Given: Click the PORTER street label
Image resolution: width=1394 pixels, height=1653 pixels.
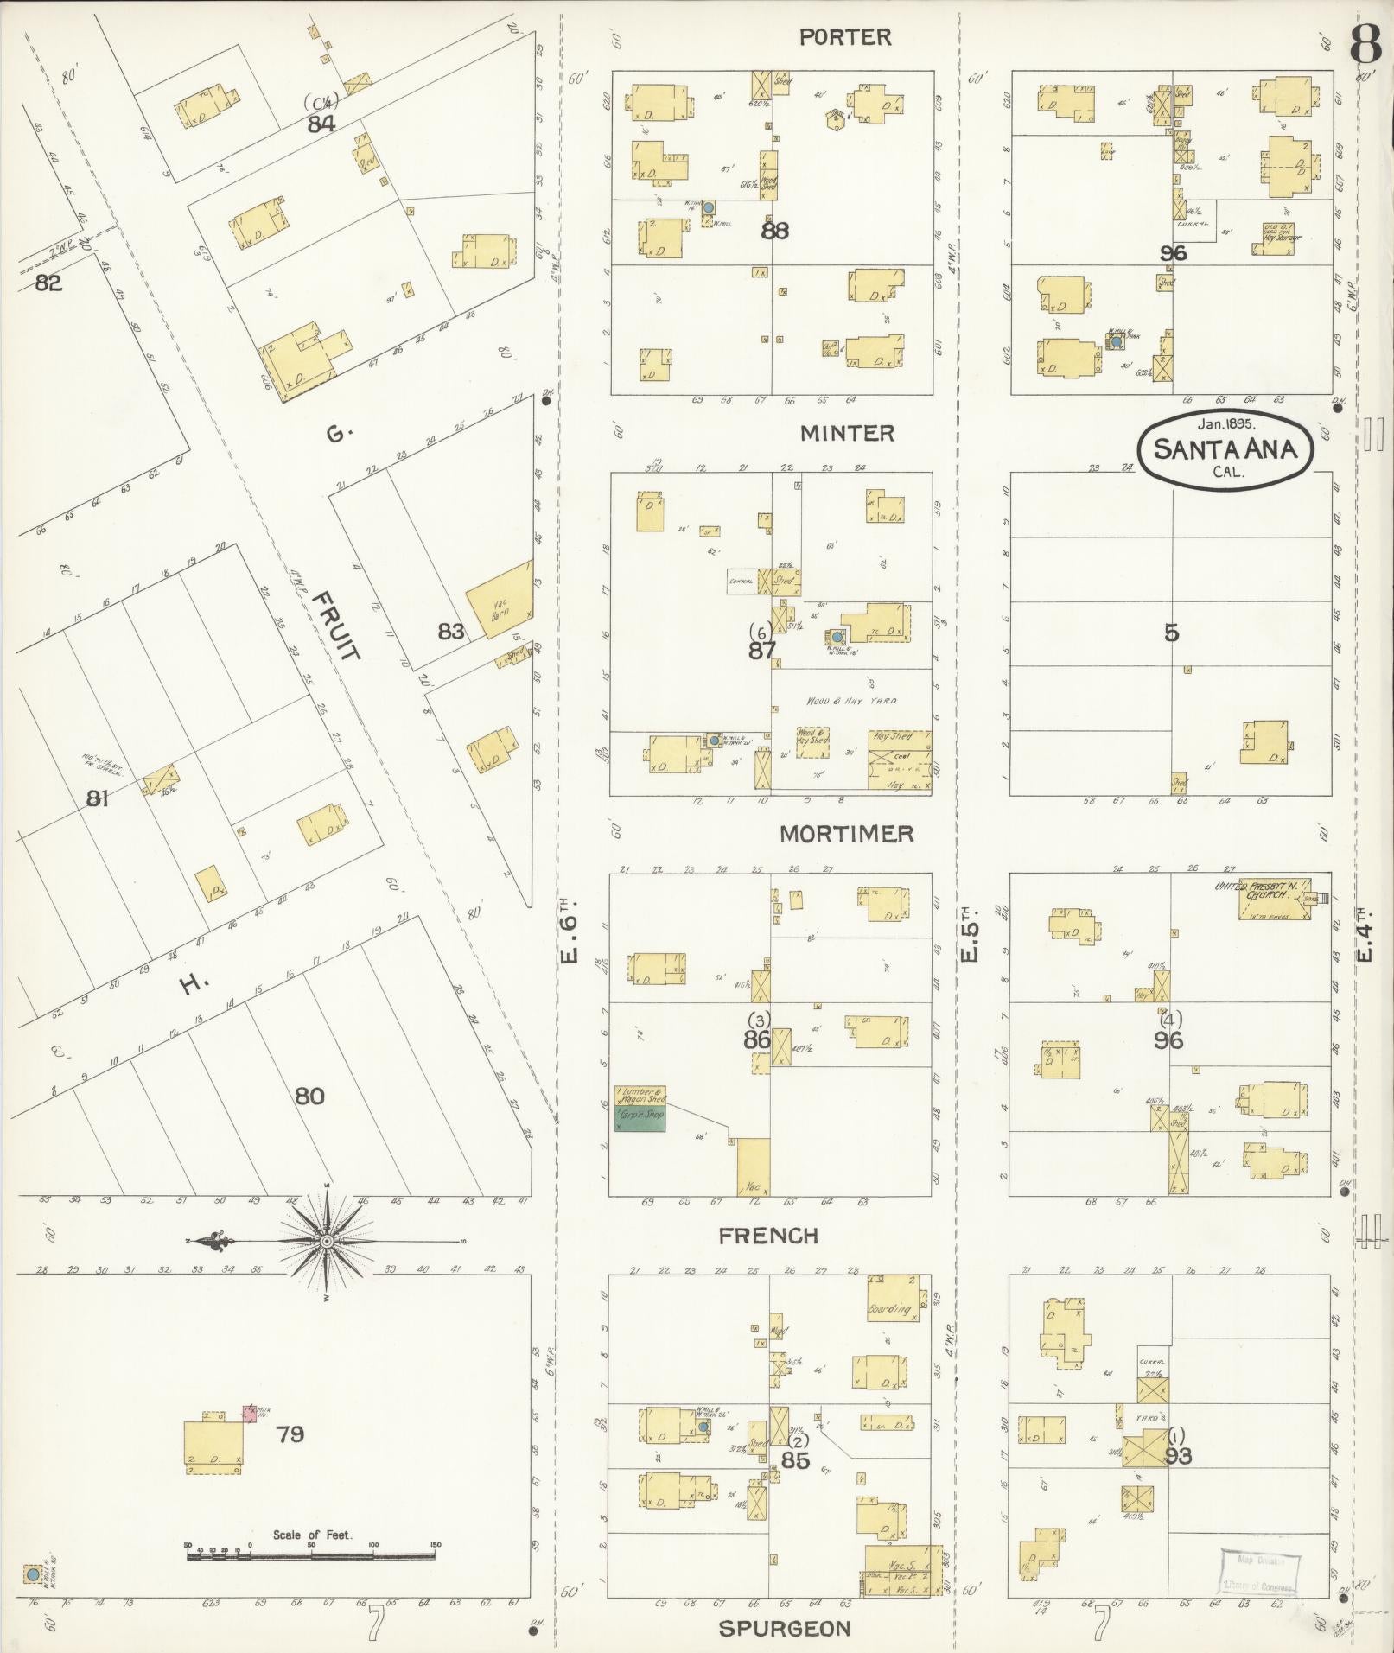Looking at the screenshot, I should click(844, 36).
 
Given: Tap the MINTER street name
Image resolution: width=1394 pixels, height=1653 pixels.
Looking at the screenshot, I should click(847, 433).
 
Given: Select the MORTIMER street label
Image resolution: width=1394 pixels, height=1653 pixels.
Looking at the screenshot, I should click(846, 834).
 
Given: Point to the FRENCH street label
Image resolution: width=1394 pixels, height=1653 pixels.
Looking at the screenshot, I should click(768, 1236).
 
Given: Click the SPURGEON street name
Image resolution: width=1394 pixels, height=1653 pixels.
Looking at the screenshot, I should click(785, 1629).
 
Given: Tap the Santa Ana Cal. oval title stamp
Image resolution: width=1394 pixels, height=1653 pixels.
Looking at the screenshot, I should click(1225, 448).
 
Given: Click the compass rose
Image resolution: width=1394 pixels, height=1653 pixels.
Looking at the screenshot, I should click(327, 1242).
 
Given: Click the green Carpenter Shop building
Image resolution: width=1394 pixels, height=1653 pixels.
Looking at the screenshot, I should click(640, 1121).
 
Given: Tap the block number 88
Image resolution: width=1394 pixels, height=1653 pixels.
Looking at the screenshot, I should click(774, 232).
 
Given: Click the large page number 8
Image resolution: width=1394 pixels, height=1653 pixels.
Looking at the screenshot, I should click(1365, 43).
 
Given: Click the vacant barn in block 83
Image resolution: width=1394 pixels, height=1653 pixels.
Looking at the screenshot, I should click(499, 599).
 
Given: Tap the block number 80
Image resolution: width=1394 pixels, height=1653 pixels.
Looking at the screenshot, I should click(309, 1097).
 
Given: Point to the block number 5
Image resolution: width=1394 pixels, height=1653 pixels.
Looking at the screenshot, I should click(1171, 633).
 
